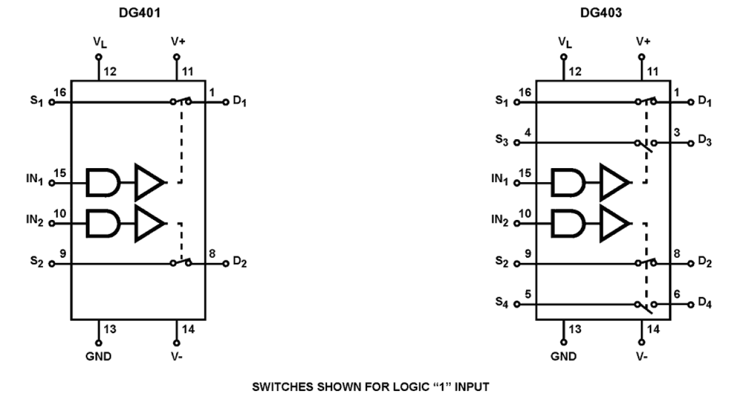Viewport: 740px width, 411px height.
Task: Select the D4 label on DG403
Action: tap(705, 305)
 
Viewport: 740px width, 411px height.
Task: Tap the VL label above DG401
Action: tap(98, 44)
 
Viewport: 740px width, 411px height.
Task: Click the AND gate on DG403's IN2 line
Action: tap(568, 223)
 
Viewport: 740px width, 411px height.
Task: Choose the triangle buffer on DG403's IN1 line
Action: tap(615, 183)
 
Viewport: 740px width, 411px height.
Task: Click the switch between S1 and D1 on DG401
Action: tap(181, 100)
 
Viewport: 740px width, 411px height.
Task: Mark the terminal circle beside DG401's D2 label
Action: tap(225, 264)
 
